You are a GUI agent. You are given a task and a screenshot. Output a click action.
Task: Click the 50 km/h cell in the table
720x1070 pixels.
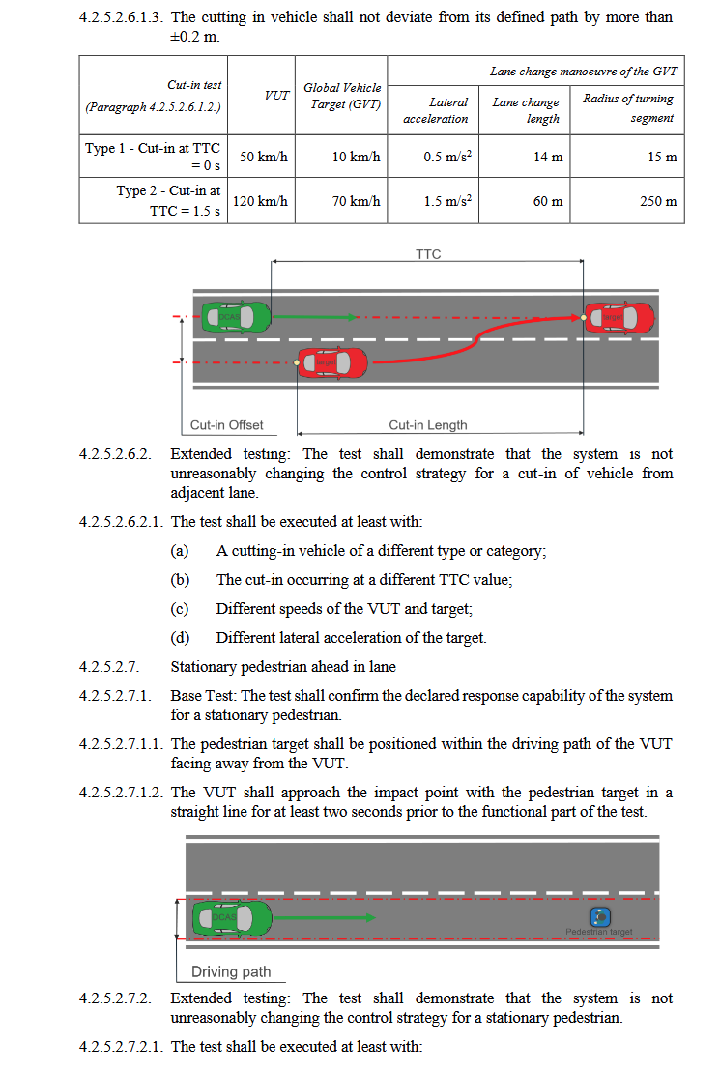(264, 157)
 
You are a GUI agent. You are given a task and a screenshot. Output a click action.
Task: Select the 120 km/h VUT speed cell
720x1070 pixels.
(261, 201)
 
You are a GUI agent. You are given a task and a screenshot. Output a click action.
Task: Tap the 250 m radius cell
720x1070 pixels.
(658, 202)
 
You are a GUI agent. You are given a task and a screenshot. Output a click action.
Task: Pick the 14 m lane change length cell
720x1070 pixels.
(548, 157)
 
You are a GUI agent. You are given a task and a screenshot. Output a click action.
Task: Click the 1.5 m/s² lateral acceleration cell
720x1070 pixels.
(446, 201)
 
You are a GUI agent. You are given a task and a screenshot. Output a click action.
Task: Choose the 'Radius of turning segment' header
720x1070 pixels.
(628, 108)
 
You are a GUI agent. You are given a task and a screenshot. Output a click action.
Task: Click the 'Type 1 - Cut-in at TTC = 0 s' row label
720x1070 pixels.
(154, 157)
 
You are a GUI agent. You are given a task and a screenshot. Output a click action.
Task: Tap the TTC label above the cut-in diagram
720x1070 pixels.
(427, 254)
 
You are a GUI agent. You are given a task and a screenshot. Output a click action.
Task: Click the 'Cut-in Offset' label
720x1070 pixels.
(226, 424)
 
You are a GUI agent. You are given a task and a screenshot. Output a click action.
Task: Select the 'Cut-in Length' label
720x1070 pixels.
(427, 424)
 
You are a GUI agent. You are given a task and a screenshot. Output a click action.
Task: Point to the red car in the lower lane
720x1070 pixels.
(332, 362)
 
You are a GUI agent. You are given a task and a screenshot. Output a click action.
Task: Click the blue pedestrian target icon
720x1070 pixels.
(600, 915)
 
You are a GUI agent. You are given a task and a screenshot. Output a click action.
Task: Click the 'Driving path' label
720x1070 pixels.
(231, 971)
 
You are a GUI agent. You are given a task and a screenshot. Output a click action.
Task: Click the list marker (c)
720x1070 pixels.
(179, 609)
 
